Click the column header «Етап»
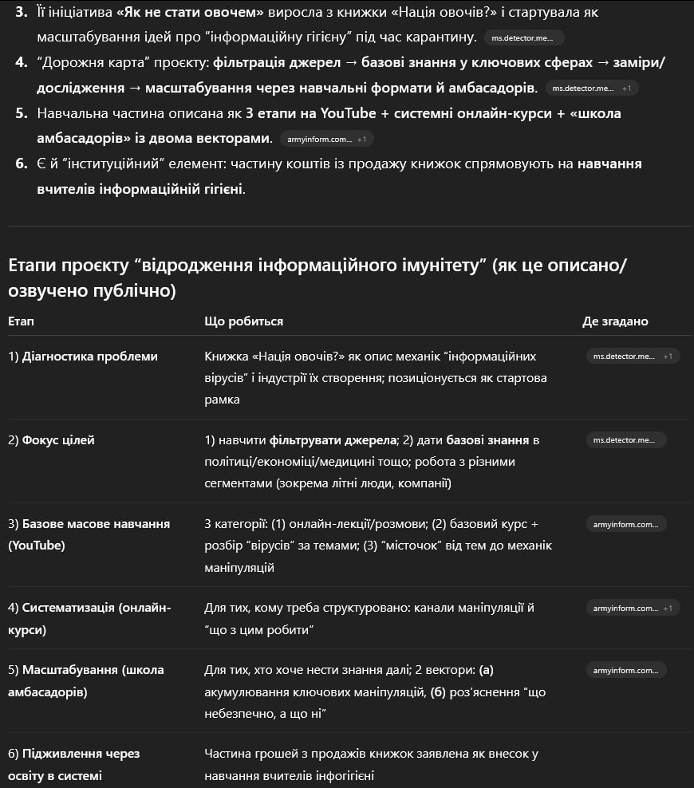22,321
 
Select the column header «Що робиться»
243,321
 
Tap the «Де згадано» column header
615,321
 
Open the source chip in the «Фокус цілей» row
625,440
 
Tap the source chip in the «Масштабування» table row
625,670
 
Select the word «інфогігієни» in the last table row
341,775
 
